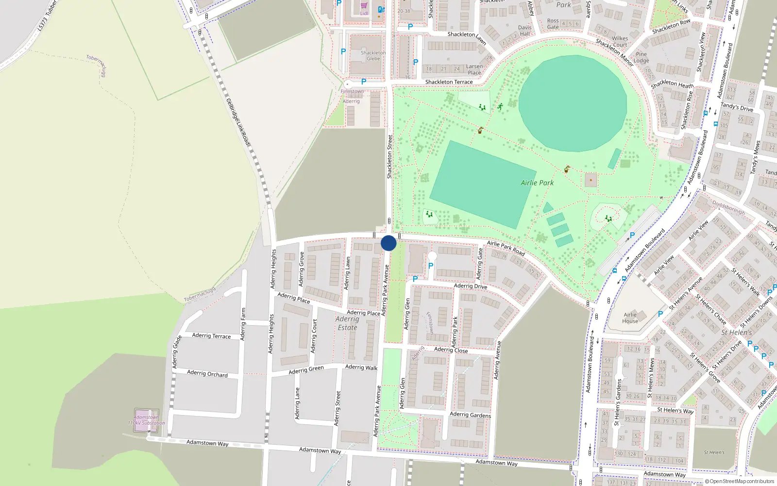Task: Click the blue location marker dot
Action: point(388,243)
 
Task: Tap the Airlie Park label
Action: point(537,183)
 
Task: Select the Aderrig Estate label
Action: point(347,323)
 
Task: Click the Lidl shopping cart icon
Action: point(364,6)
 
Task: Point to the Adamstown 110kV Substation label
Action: point(146,420)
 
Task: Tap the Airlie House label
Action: point(630,318)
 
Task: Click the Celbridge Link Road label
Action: point(238,121)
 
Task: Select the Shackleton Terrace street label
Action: point(449,82)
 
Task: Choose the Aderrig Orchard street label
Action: point(207,374)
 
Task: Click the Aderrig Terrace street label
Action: point(211,335)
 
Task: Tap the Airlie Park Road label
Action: point(506,248)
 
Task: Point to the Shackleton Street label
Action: point(389,156)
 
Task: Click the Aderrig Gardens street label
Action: point(470,415)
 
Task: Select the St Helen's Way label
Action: point(676,410)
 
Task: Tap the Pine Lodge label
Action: point(641,57)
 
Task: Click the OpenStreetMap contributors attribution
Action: point(739,481)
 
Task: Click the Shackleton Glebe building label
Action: point(373,55)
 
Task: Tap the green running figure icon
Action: point(500,106)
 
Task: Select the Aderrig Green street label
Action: point(306,370)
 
